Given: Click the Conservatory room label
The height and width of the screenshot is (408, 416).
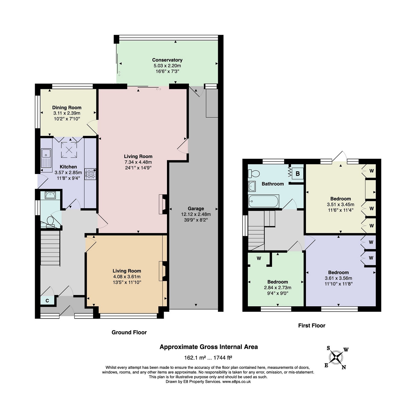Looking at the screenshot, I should pyautogui.click(x=167, y=60).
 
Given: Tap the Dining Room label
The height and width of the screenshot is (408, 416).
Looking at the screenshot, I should pyautogui.click(x=67, y=108).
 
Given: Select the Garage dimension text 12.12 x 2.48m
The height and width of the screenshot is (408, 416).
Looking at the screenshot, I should pyautogui.click(x=196, y=214).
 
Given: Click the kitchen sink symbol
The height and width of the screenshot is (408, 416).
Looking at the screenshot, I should pyautogui.click(x=46, y=158).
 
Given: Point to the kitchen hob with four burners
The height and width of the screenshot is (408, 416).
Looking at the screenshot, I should pyautogui.click(x=90, y=174).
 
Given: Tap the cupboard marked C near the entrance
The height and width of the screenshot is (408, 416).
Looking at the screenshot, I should pyautogui.click(x=47, y=301).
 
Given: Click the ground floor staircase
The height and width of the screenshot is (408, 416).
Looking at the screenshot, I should pyautogui.click(x=50, y=248).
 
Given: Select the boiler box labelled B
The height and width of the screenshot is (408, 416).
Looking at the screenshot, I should pyautogui.click(x=297, y=174).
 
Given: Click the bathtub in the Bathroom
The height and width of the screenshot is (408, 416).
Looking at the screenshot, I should pyautogui.click(x=263, y=201).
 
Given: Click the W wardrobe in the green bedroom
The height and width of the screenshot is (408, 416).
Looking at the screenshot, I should pyautogui.click(x=259, y=258).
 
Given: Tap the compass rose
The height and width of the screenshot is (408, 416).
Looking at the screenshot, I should pyautogui.click(x=336, y=357).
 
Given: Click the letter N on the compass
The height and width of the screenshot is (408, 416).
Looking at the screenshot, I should pyautogui.click(x=344, y=367).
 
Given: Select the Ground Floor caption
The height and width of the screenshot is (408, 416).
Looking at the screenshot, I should pyautogui.click(x=129, y=332).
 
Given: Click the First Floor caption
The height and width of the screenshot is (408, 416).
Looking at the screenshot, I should pyautogui.click(x=312, y=326).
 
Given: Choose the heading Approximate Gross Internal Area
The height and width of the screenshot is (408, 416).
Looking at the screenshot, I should pyautogui.click(x=209, y=347).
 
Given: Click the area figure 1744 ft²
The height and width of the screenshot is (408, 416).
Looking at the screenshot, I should pyautogui.click(x=223, y=357).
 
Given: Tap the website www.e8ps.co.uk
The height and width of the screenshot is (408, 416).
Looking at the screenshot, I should pyautogui.click(x=236, y=382).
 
